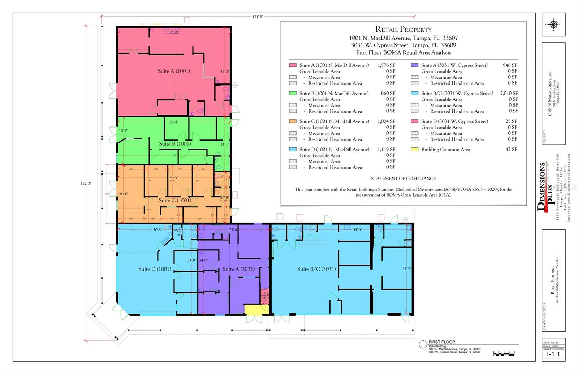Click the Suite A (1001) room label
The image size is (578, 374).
(x=174, y=71)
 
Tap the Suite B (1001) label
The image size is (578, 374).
(x=175, y=144)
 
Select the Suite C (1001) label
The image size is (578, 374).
(x=175, y=201)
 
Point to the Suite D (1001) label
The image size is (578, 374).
(x=155, y=269)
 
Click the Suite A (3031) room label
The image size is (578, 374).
(x=238, y=269)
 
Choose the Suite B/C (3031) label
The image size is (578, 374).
(x=316, y=269)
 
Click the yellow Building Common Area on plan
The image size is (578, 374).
(x=254, y=310)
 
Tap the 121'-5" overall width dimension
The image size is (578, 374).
(x=258, y=17)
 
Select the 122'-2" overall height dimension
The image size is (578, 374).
(x=86, y=184)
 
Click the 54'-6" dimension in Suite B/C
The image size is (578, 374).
(x=357, y=230)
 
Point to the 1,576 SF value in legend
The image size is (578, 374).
(x=386, y=65)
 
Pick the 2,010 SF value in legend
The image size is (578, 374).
(x=509, y=93)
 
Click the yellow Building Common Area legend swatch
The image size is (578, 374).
(x=414, y=149)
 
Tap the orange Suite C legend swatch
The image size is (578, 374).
(x=293, y=121)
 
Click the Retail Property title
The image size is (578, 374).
(x=403, y=30)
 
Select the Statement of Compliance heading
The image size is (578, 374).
(x=403, y=179)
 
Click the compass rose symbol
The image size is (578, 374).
(x=553, y=25)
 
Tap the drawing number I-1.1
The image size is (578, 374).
(x=553, y=354)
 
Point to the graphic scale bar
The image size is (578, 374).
(x=504, y=353)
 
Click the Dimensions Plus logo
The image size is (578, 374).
(x=545, y=188)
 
